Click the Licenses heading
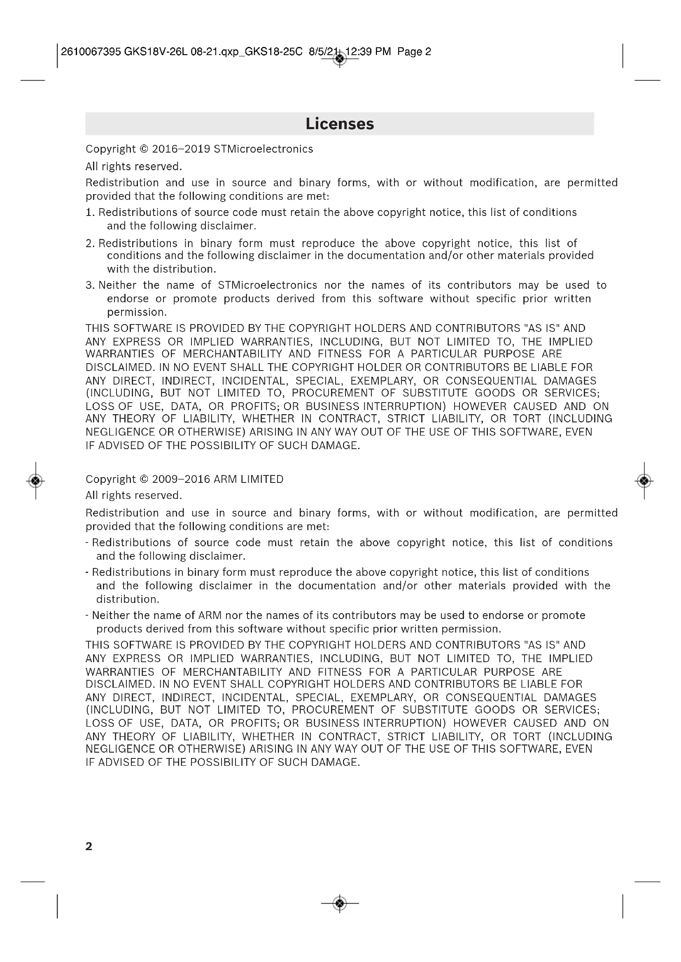click(340, 124)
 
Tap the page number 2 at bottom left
click(89, 846)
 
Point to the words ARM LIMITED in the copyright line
click(249, 479)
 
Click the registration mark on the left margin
click(36, 480)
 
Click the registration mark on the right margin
click(644, 480)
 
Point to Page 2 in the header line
click(414, 52)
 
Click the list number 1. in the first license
click(90, 212)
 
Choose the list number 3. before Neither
click(90, 285)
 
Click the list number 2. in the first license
click(90, 243)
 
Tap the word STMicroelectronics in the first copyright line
click(264, 149)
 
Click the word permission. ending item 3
click(137, 312)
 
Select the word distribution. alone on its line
click(128, 599)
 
